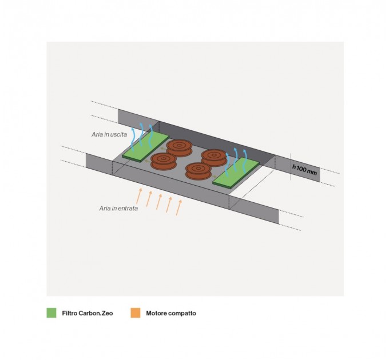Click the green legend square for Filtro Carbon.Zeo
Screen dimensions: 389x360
point(51,313)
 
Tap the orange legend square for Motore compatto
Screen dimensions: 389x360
point(136,313)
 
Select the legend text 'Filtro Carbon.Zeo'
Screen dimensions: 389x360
point(88,313)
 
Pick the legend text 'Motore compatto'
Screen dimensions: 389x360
point(171,313)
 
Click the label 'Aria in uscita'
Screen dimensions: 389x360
point(109,134)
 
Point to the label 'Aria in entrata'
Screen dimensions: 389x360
point(118,209)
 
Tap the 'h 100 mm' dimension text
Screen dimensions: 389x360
point(304,170)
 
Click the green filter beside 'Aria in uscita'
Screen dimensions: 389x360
point(146,146)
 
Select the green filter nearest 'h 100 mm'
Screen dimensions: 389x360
point(236,172)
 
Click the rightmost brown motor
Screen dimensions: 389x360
point(214,158)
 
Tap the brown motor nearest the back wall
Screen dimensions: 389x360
point(180,148)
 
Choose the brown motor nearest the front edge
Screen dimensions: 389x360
point(199,171)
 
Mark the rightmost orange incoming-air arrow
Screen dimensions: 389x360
point(179,207)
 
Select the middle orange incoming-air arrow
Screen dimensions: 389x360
point(159,202)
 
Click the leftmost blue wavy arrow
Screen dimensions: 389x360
point(133,139)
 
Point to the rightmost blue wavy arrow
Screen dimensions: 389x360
point(245,158)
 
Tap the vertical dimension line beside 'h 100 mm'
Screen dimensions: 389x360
point(291,166)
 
